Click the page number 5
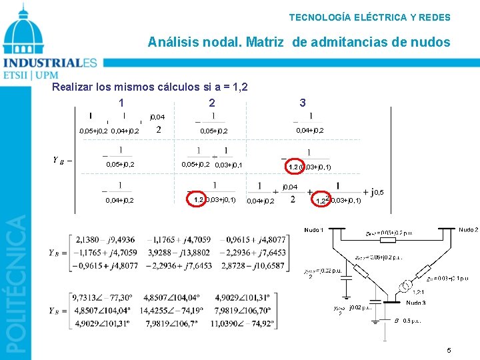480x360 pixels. (x=449, y=349)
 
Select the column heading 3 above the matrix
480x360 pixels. (x=303, y=103)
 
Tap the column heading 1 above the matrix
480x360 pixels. (x=121, y=103)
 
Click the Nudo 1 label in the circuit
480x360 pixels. (x=313, y=230)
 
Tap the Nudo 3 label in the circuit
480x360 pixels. (x=416, y=302)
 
